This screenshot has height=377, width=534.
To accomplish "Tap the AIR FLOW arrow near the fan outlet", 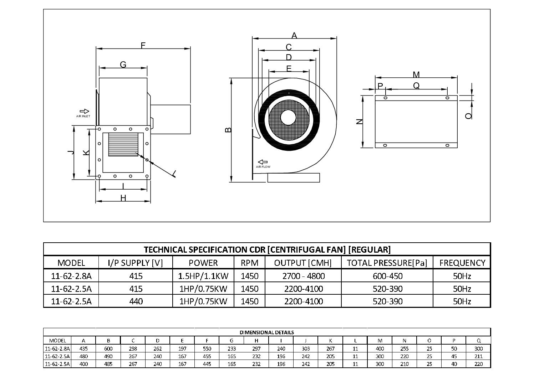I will coord(263,162).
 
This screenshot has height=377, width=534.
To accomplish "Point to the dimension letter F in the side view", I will coord(143,45).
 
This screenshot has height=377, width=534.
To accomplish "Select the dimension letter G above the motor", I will coord(123,64).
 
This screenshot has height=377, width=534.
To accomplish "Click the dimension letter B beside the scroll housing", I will coord(229,130).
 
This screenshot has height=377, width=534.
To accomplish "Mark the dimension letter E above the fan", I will coord(289,68).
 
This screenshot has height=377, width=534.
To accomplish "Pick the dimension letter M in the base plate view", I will coord(416,74).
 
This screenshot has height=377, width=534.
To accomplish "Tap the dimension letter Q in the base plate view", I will coord(416,86).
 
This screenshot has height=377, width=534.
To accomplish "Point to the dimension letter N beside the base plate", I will coord(360,122).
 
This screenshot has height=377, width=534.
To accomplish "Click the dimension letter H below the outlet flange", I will coord(123,198).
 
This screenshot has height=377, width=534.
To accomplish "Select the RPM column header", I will coord(249,263).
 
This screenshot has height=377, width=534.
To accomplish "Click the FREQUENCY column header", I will coord(462,263).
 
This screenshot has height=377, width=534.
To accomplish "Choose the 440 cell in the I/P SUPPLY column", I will coord(136,301).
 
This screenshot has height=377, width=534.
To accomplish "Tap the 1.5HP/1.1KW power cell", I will coord(203,276).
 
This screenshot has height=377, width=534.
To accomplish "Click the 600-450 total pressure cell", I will coord(387,276).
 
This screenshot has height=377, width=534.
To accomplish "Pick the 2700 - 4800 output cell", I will coord(303,276).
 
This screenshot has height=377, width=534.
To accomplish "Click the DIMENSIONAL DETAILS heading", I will coord(267,332).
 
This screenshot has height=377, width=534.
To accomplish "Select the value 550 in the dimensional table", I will coord(207,348).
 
